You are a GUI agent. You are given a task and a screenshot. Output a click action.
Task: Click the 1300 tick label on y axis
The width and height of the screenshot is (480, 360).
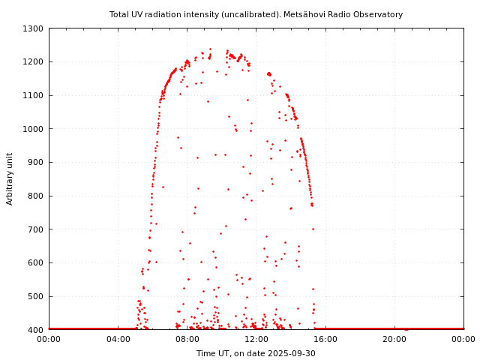(33, 28)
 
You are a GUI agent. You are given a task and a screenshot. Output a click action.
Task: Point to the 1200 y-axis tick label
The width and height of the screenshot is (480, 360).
(33, 62)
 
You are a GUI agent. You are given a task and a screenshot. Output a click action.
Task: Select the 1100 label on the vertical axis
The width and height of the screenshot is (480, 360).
(33, 95)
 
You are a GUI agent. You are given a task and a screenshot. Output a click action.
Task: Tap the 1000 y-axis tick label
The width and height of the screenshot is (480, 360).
(33, 129)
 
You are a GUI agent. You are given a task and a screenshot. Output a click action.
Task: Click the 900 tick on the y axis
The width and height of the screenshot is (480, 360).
(35, 162)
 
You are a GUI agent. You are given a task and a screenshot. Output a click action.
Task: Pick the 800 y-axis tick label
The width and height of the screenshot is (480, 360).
(35, 196)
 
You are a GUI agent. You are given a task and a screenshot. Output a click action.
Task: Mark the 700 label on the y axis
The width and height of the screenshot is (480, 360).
(35, 229)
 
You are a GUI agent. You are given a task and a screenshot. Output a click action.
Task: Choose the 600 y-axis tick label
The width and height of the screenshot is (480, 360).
(35, 262)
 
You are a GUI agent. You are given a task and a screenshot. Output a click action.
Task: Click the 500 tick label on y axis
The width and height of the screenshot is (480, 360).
(35, 296)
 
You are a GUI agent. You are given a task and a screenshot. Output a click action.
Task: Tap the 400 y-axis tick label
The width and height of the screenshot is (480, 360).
(35, 329)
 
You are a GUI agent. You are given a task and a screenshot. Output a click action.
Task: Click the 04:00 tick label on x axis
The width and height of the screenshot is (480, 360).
(118, 340)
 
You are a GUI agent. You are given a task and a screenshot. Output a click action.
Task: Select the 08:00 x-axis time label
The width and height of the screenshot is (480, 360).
(187, 340)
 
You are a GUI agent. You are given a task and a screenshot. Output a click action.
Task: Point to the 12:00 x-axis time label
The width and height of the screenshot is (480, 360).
(256, 340)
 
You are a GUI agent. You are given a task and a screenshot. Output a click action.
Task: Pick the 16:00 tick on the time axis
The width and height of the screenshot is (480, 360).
(325, 340)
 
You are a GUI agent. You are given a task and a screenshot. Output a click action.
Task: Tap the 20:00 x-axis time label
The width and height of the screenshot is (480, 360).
(394, 340)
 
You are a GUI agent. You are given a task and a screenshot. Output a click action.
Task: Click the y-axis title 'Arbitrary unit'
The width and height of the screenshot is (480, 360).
(10, 178)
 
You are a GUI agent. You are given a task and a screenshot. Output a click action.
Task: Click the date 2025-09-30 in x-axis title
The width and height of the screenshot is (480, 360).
(292, 353)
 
